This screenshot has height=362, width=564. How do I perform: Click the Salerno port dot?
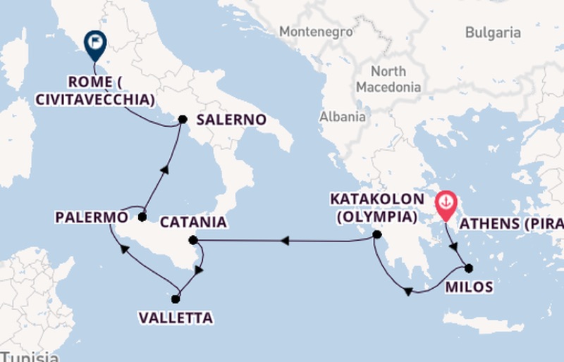tap(183, 119)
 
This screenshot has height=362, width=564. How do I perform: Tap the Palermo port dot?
tap(142, 217)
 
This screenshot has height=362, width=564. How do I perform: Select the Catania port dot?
tap(194, 240)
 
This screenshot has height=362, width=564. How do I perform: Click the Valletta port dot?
tap(176, 299)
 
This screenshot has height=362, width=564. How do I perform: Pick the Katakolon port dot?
tap(377, 235)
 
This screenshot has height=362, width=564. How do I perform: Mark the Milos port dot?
tap(469, 268)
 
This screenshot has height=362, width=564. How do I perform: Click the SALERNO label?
tap(231, 120)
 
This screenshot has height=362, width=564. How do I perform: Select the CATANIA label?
tap(194, 223)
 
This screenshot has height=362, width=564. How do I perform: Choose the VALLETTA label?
tap(176, 318)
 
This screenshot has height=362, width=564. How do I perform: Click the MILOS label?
tap(469, 287)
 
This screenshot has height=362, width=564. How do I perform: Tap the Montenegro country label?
tap(316, 32)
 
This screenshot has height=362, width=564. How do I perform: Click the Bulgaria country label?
tap(493, 32)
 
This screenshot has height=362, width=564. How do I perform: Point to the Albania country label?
tap(343, 117)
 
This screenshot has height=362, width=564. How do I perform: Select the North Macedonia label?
tap(388, 80)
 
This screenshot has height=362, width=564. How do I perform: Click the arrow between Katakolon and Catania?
tap(284, 241)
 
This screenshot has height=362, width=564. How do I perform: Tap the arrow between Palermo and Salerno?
tap(164, 168)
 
